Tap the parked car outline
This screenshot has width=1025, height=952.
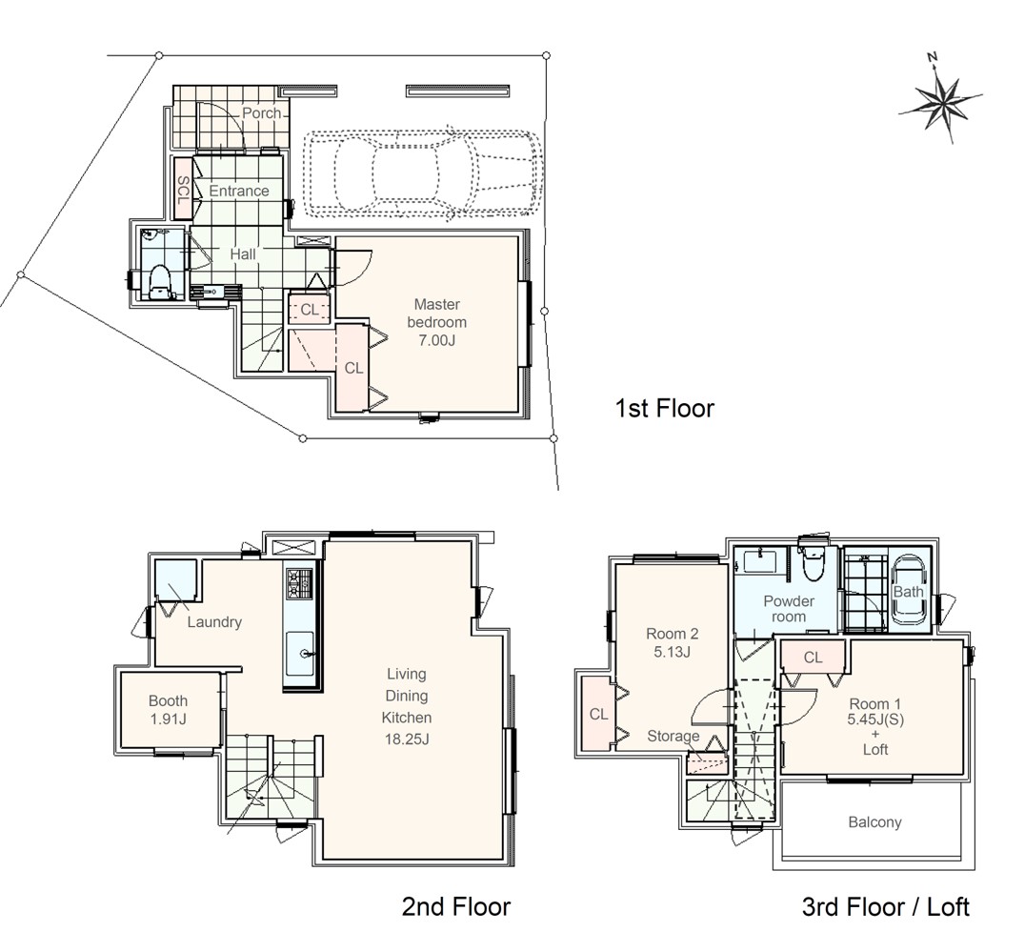pos(424,174)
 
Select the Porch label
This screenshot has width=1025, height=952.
pos(261,113)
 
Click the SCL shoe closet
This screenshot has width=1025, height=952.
pos(183,189)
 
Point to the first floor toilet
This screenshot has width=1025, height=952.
pos(159,281)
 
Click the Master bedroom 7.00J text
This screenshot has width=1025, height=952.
pos(436,322)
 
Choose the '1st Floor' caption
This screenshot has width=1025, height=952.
pos(664,408)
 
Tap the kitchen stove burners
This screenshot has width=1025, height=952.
pos(298,584)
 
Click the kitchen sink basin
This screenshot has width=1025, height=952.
pos(299,654)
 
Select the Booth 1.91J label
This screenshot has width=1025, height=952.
pos(168,710)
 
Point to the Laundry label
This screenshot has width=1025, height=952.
pos(214,622)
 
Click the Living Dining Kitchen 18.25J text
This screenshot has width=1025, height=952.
pos(406,706)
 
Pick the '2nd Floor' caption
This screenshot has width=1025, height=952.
pos(455,906)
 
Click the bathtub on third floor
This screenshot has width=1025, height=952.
pos(909,591)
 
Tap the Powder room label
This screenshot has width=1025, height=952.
pos(789,609)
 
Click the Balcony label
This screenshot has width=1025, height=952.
pos(874,821)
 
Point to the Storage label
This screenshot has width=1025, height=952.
pos(673,737)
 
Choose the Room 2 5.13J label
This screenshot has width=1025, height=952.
pos(672,642)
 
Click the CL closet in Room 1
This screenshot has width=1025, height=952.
pos(813,657)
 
